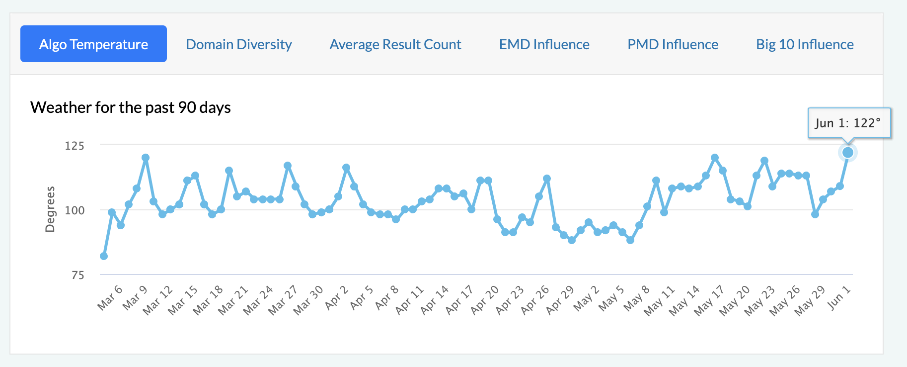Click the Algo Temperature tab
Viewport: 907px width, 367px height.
coord(93,44)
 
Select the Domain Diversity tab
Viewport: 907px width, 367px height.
coord(239,44)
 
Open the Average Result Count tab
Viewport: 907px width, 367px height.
coord(395,44)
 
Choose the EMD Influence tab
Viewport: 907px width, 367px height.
coord(544,44)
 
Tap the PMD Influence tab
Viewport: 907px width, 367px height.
coord(673,44)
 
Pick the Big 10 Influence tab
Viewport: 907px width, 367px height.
coord(805,44)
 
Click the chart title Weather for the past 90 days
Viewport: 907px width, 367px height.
coord(131,107)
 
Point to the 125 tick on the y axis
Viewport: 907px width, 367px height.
coord(75,146)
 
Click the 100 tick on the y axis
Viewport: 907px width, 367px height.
coord(75,210)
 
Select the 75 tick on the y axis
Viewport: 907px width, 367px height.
coord(78,275)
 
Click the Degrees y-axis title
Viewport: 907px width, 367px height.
coord(50,209)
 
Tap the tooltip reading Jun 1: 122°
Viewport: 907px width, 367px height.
coord(848,123)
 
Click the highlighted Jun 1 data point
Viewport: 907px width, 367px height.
coord(848,153)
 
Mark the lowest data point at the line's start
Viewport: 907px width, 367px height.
coord(104,256)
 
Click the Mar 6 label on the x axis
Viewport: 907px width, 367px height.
coord(110,297)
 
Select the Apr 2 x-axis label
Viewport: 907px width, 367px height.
coord(337,297)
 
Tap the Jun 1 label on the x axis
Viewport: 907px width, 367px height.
coord(839,297)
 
